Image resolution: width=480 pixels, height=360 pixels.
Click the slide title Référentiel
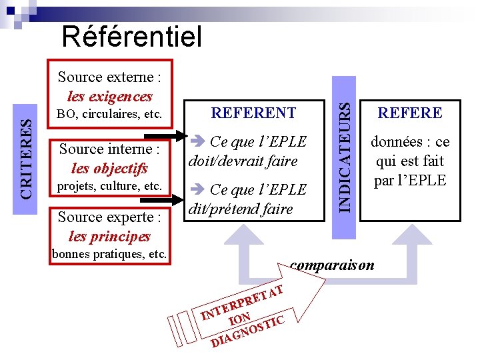coord(131,37)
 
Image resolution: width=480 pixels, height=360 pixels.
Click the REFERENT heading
coord(253,113)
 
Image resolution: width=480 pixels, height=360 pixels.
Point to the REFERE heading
coord(410,113)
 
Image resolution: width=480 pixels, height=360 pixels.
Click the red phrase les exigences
coord(110,96)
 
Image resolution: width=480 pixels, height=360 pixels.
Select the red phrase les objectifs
coord(110,168)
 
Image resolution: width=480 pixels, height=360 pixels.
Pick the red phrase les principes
coord(109,236)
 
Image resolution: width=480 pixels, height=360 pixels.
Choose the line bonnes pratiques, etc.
coord(109,254)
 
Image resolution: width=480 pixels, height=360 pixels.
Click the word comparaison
coord(332,265)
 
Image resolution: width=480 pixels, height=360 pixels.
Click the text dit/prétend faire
coord(241,209)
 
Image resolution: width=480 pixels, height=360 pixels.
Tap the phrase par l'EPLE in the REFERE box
coord(410,180)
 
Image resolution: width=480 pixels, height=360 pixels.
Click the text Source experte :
coord(109,217)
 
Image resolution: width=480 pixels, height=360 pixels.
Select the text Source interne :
coord(109,149)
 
